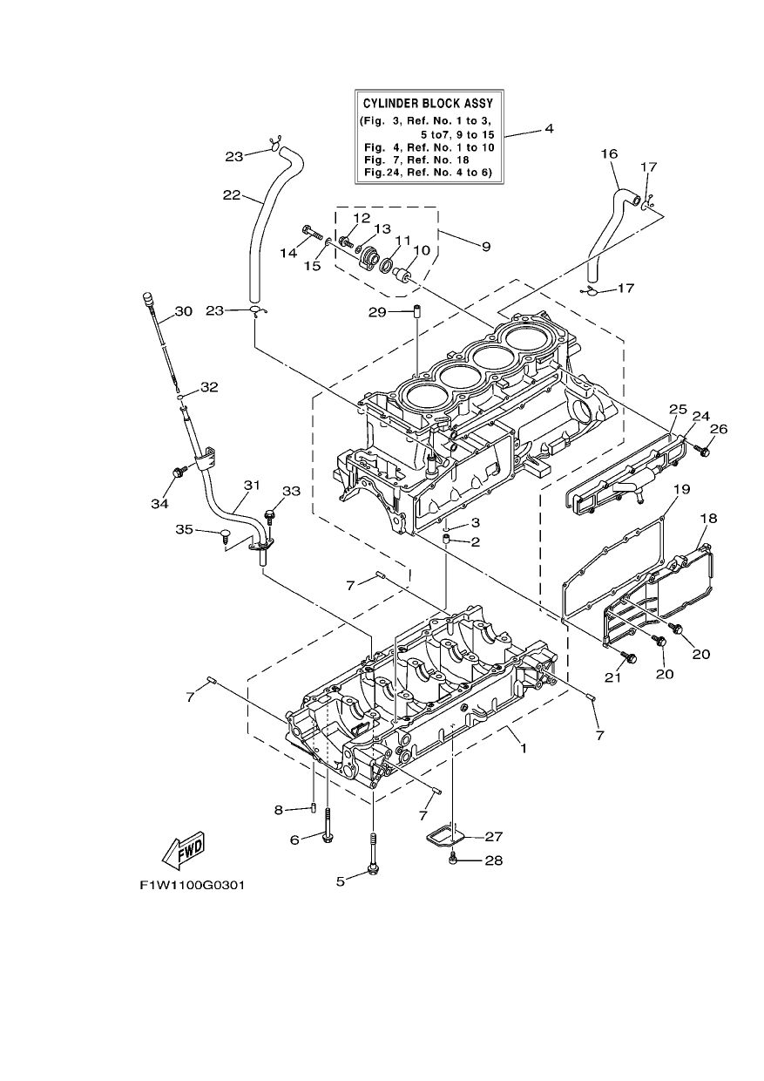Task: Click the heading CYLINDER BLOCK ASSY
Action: click(x=428, y=103)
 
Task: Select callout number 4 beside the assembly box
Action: click(x=549, y=129)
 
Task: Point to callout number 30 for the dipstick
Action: click(x=183, y=311)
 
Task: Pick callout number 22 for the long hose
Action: click(x=232, y=195)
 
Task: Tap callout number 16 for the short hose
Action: click(x=609, y=154)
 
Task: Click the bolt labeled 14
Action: click(x=314, y=233)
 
